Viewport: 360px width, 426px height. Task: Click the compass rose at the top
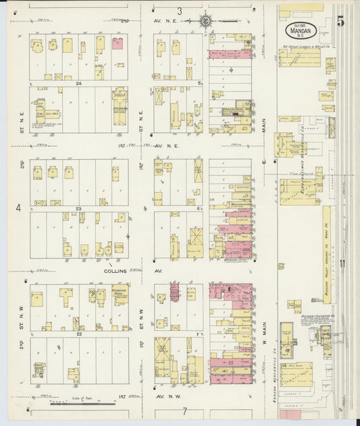(204, 21)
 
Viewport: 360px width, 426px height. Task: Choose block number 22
(78, 334)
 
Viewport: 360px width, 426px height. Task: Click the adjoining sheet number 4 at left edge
(18, 208)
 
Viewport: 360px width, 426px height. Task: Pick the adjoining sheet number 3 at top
(180, 11)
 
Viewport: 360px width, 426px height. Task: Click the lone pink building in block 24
(118, 43)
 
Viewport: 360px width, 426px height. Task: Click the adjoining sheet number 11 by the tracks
(343, 263)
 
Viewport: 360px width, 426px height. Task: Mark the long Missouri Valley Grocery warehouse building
(326, 236)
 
